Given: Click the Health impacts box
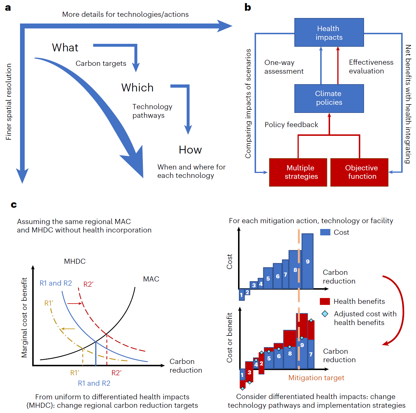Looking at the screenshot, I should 329,33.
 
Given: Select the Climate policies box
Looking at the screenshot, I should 329,98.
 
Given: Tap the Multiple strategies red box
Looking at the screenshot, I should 298,172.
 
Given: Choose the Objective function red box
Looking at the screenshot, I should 359,172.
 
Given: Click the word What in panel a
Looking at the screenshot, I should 65,48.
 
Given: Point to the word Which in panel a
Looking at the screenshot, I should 137,88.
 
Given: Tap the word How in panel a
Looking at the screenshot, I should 190,150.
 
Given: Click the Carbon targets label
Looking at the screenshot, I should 101,64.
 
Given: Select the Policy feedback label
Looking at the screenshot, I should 291,125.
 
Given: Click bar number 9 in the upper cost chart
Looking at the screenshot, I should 307,261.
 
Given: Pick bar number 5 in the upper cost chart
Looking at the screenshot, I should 268,278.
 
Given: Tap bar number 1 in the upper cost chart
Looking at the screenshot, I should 242,295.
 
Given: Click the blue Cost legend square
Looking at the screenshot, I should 325,232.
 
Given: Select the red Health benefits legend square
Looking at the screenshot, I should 325,301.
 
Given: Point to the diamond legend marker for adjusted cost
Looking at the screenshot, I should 325,314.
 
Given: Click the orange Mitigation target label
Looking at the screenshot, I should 316,378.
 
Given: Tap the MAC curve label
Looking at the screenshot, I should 151,279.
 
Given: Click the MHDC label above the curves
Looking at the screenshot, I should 75,261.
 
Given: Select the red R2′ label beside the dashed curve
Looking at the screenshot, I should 88,284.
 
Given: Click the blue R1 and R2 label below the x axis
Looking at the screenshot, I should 94,383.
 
